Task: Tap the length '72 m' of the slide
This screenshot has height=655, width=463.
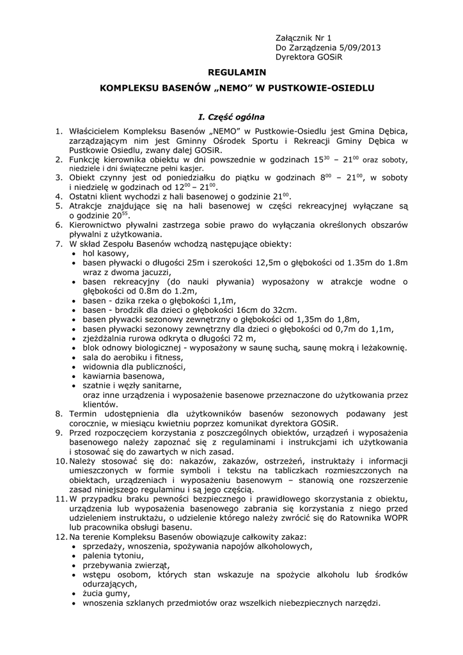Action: pyautogui.click(x=246, y=338)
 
